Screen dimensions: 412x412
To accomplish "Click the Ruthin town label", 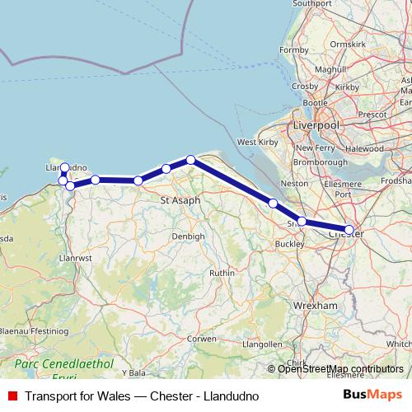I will click(222, 272).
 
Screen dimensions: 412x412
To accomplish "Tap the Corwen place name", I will click(201, 338).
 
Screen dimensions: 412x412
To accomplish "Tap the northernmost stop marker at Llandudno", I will click(64, 167).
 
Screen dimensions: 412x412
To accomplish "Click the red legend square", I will click(12, 396).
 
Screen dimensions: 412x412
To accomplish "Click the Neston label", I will click(294, 183).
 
